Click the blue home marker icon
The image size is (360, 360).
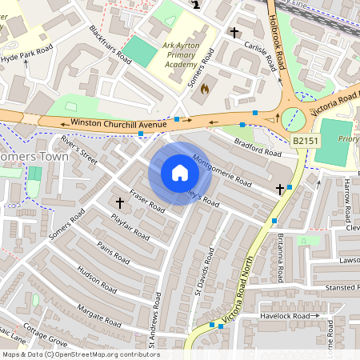point(180,173)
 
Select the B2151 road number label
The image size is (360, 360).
point(304,141)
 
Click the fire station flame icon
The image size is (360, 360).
point(204,88)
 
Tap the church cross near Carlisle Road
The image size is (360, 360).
point(234,33)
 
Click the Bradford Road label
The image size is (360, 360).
point(258,148)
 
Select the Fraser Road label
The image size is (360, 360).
point(146,202)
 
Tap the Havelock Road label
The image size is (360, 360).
point(285,317)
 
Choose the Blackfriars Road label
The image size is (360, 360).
point(110,43)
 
